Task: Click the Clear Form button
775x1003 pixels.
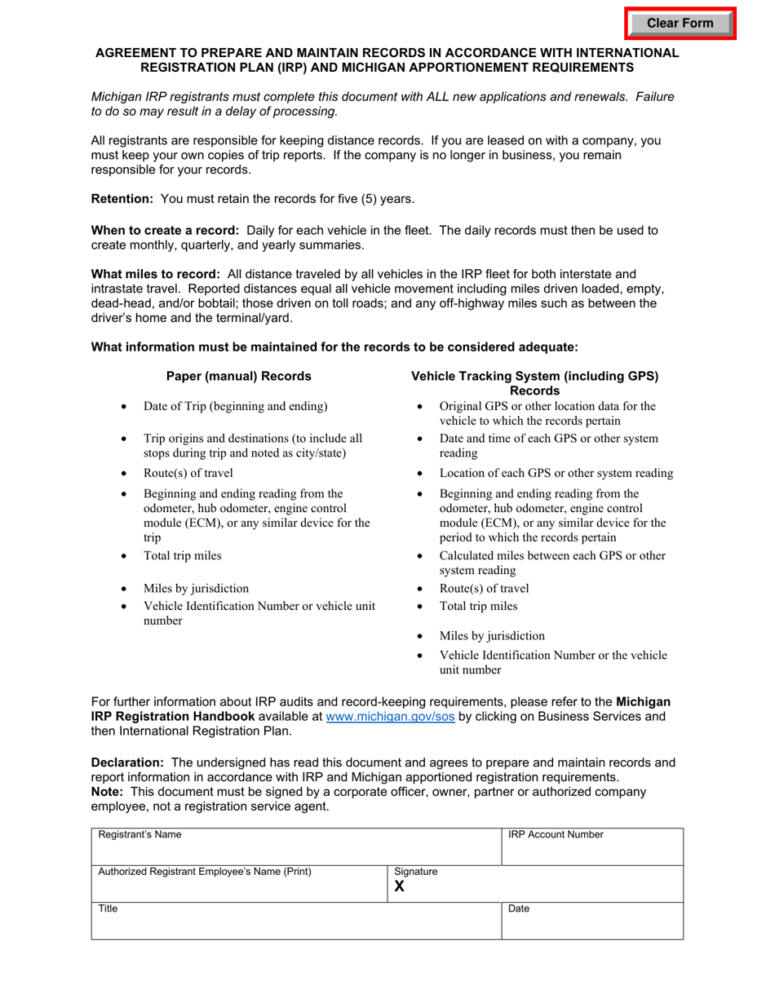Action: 680,24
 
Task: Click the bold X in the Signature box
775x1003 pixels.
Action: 400,886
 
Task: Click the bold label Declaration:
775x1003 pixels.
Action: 128,763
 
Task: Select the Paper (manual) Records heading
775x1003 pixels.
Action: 238,376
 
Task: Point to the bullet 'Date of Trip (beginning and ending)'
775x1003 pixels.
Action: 236,406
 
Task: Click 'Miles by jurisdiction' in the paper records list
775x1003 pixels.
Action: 197,588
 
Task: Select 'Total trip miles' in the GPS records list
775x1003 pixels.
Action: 478,606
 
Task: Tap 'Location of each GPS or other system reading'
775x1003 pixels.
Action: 556,473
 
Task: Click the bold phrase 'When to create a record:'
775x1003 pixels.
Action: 166,230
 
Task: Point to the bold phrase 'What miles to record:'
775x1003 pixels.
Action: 155,274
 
